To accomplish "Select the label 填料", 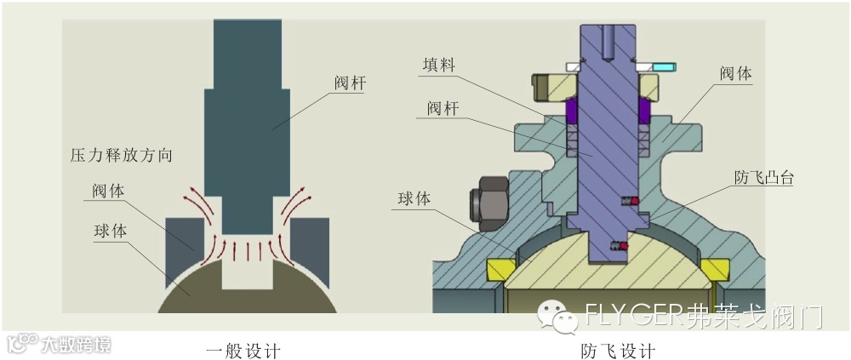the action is point(442,65).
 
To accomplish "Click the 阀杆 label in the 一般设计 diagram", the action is point(350,83).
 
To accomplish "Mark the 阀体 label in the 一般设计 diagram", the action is point(108,190).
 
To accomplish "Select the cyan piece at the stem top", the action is point(661,66).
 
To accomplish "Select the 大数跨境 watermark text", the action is point(77,344).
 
